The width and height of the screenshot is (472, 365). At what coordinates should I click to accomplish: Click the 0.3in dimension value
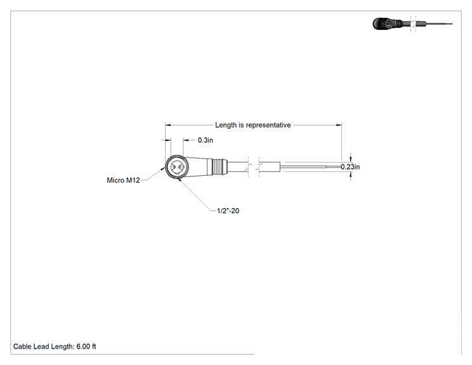(x=206, y=140)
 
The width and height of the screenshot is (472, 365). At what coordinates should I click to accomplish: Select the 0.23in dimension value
(x=350, y=167)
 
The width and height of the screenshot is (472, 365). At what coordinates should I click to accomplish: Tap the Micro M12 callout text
(x=124, y=180)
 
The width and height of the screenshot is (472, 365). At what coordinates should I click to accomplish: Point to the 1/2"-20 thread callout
(x=228, y=211)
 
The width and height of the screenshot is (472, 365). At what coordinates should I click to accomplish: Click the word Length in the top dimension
(x=226, y=125)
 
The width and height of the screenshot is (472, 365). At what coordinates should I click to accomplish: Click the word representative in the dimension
(x=268, y=125)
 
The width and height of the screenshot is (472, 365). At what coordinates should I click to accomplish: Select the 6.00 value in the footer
(x=83, y=347)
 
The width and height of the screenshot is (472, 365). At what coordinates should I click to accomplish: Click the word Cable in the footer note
(x=22, y=347)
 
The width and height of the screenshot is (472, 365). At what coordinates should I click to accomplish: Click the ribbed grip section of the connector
(x=219, y=167)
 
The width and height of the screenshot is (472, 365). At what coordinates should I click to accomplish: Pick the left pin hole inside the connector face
(x=173, y=167)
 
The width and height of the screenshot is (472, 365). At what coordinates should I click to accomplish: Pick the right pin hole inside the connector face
(x=181, y=167)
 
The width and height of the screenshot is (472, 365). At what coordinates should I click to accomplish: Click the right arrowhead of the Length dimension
(x=339, y=125)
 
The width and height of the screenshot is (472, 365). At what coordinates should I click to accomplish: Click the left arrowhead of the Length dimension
(x=168, y=125)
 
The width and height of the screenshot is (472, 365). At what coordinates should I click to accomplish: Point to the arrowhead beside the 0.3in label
(x=186, y=140)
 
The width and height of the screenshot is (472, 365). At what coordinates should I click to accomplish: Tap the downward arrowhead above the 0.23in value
(x=350, y=159)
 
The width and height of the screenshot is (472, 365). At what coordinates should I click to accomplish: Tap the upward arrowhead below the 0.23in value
(x=350, y=175)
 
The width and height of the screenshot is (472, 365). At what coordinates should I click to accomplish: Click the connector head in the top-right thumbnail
(x=383, y=23)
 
